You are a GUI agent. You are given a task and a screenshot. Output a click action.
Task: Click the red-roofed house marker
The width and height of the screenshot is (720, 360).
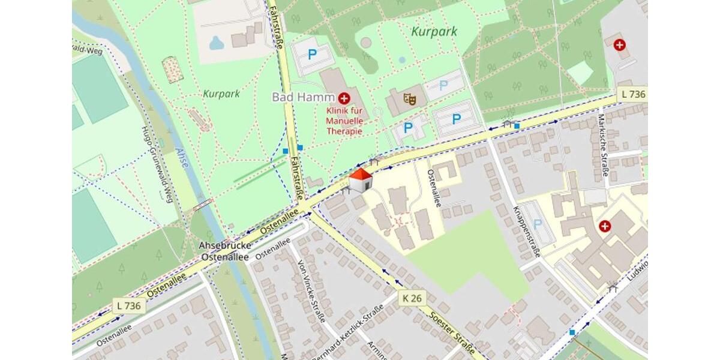[x=360, y=181]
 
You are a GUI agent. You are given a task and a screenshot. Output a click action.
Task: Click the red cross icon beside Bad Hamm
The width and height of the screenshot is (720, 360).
[x=344, y=98]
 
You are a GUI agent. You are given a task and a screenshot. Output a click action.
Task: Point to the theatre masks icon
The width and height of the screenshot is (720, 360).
[x=410, y=98]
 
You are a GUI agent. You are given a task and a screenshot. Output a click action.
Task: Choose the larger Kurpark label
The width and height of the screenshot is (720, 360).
[x=434, y=31]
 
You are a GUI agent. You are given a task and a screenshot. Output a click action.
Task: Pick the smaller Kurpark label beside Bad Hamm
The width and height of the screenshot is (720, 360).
[x=221, y=94]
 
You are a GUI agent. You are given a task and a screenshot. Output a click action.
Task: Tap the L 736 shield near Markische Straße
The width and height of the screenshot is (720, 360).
[x=632, y=94]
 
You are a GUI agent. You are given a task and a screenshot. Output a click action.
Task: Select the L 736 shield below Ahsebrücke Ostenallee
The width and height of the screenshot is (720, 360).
[x=129, y=305]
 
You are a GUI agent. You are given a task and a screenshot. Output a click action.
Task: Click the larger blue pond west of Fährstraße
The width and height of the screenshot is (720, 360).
[x=217, y=43]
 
